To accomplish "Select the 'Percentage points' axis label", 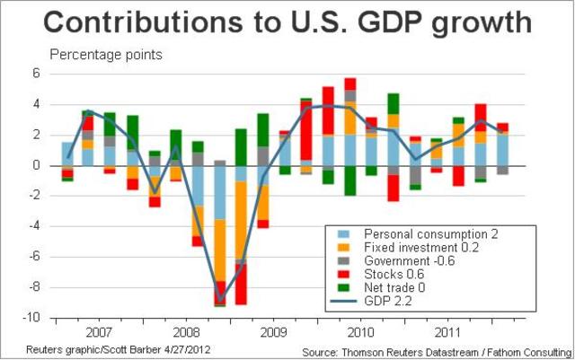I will click(106, 55).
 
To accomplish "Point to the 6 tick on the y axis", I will click(37, 75).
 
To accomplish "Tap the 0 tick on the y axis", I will click(37, 166).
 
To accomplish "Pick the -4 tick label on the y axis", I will click(34, 227).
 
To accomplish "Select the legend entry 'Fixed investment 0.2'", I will click(416, 247).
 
